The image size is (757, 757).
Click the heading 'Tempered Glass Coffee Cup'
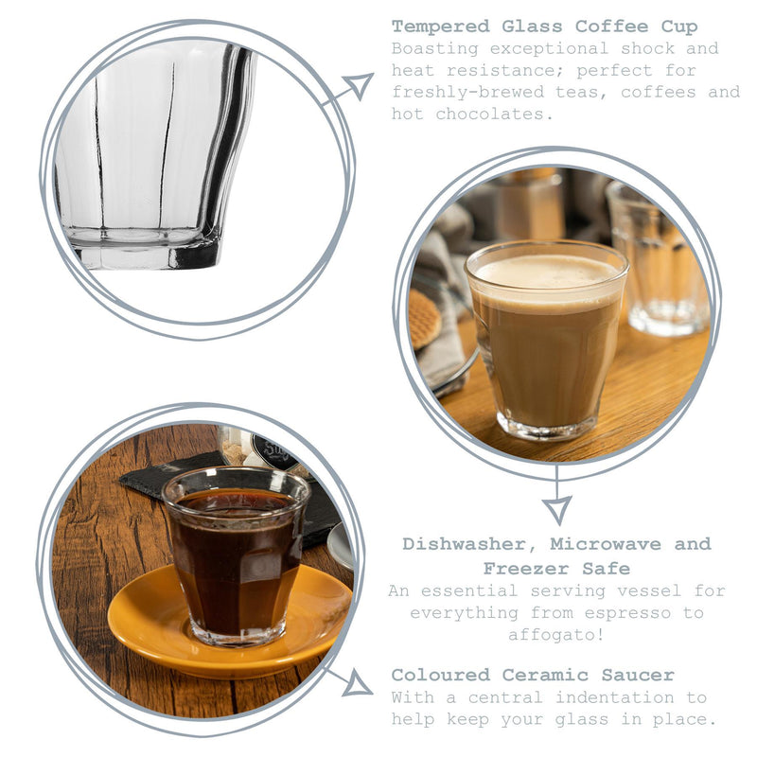[x=545, y=26]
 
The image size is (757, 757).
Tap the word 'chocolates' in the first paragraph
[x=494, y=114]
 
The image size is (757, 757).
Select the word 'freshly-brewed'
[x=467, y=92]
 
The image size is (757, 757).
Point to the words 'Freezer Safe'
[x=556, y=569]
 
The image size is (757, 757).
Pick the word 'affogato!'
[x=556, y=634]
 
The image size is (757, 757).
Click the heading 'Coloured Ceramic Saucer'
[x=533, y=675]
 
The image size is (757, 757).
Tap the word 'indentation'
[x=614, y=697]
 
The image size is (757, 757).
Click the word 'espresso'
[x=627, y=613]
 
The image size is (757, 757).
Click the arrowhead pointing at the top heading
[x=360, y=86]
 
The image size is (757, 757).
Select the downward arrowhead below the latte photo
[x=557, y=510]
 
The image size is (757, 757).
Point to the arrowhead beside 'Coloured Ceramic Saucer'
[x=359, y=683]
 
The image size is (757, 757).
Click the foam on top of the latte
[x=547, y=273]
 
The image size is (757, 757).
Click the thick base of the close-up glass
[x=145, y=249]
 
